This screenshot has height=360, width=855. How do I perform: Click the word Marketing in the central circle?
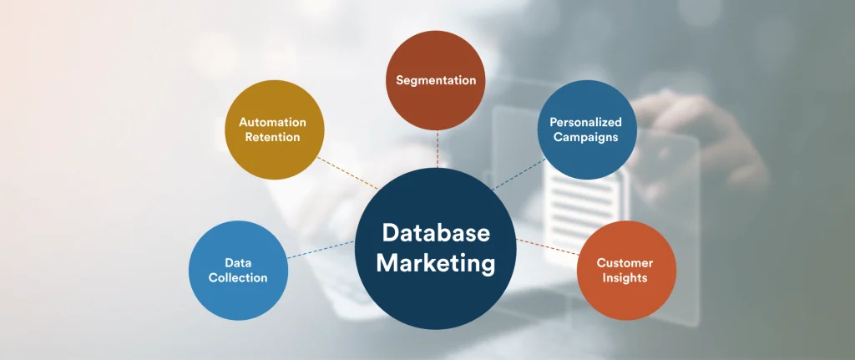tap(435, 263)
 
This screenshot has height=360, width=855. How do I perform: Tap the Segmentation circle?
tap(436, 80)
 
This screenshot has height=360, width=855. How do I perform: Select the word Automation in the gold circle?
tap(272, 122)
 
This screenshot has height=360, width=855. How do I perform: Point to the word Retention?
tap(272, 137)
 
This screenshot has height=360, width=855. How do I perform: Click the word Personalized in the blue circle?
tap(585, 122)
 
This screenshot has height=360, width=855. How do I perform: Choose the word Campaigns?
tap(585, 137)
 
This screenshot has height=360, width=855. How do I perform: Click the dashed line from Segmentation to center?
tap(437, 149)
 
